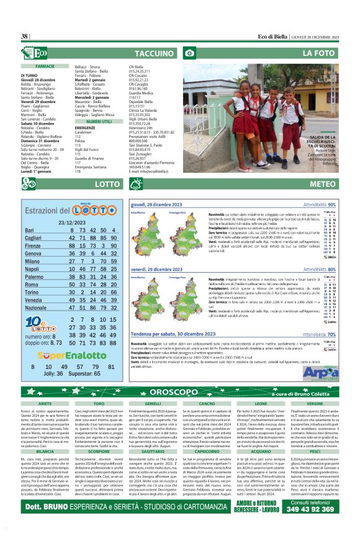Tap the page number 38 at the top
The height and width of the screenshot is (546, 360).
coord(25,37)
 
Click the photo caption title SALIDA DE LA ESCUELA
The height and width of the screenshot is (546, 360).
coord(323,140)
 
